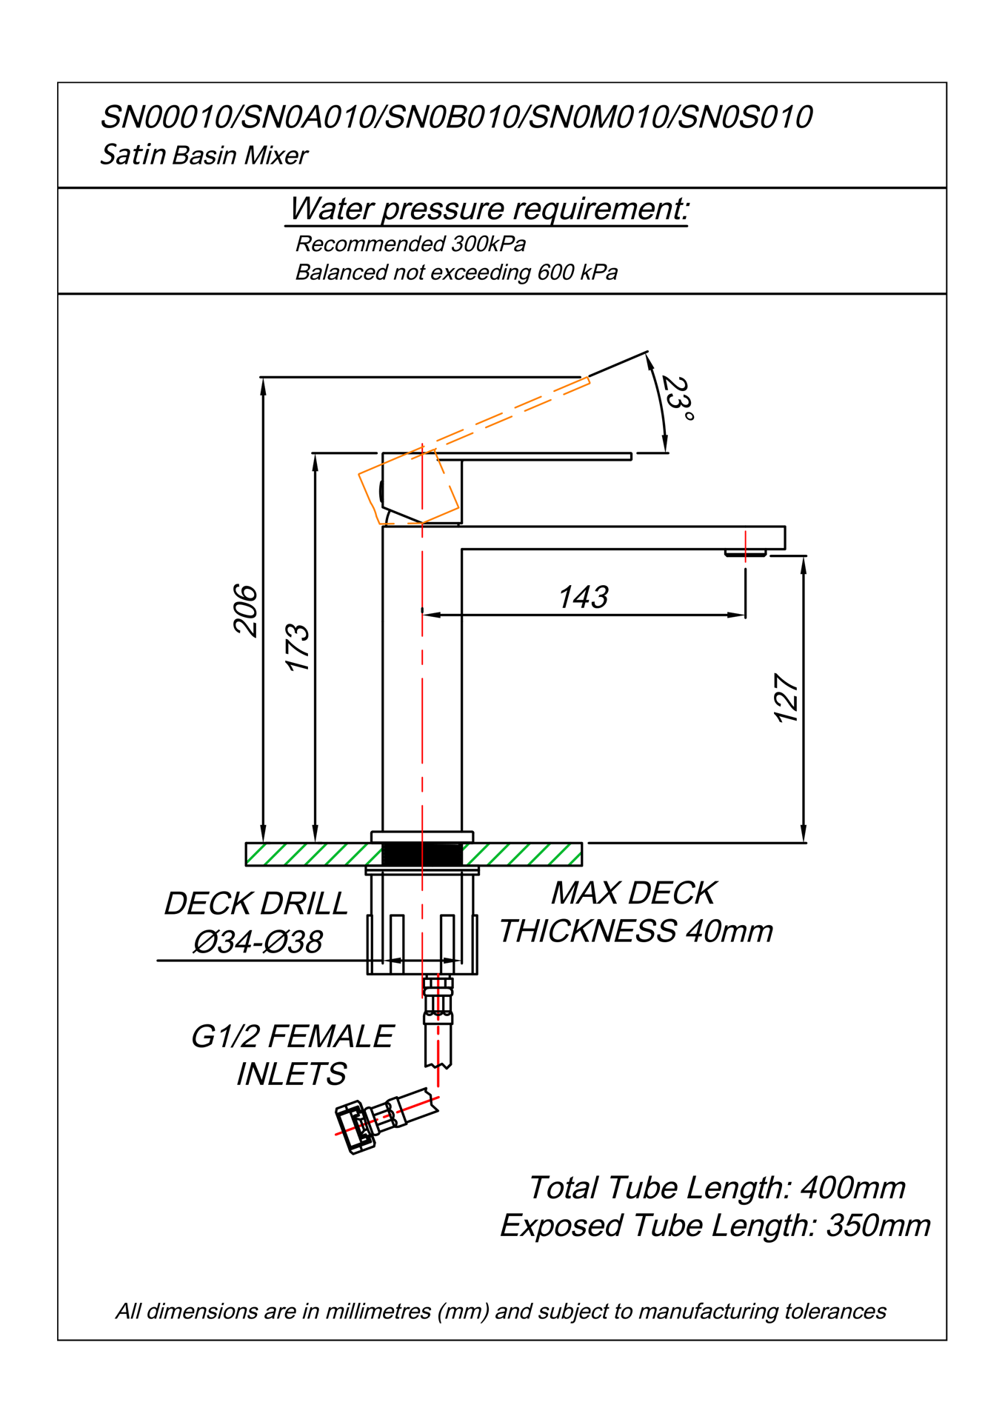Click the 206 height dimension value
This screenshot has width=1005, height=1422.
click(x=245, y=610)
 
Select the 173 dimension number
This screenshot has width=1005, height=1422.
click(x=298, y=647)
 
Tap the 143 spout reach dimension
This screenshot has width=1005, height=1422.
click(x=583, y=597)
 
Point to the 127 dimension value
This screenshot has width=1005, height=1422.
click(x=786, y=698)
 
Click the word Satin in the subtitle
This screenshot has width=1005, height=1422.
click(x=133, y=154)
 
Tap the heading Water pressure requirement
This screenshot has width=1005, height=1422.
click(x=488, y=209)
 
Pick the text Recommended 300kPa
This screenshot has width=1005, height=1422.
click(x=410, y=244)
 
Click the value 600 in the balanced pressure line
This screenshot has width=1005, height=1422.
click(x=555, y=273)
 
